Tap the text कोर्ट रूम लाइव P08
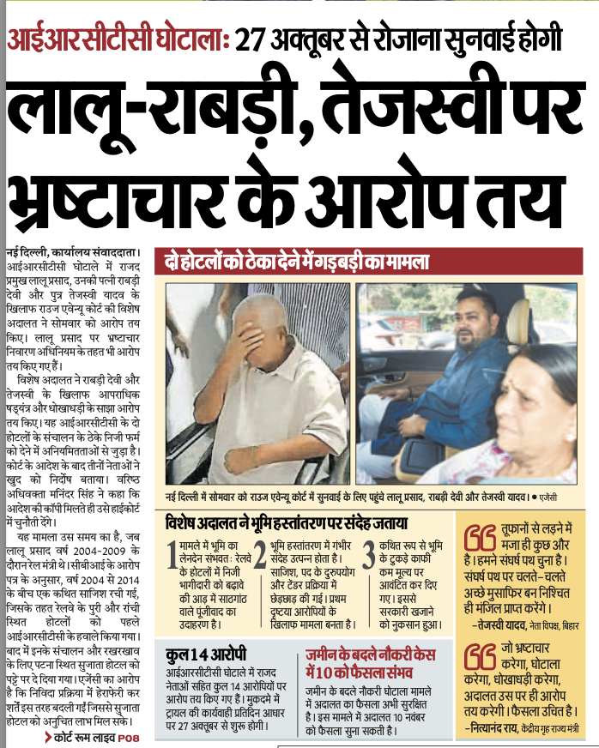coord(94,737)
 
